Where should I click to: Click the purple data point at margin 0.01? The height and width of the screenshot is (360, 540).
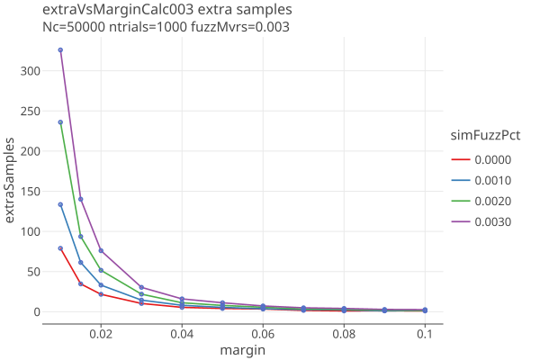tap(60, 50)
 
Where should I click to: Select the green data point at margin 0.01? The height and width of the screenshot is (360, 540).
tap(60, 122)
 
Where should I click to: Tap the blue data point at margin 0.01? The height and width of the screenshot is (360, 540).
tap(60, 204)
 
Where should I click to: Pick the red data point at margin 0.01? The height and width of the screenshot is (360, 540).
tap(60, 248)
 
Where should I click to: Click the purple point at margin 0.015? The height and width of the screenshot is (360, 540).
tap(81, 199)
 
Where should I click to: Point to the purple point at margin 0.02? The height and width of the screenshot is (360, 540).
tap(101, 250)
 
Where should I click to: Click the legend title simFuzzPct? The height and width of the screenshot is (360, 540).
tap(486, 135)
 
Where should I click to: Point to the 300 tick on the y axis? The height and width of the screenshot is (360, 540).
tap(31, 70)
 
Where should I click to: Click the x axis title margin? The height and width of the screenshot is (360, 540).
tap(242, 350)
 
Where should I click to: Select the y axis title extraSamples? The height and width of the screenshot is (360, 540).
tap(11, 181)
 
